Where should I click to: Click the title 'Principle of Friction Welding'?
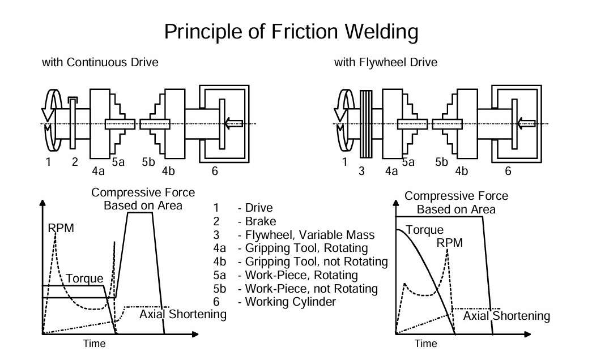click(291, 32)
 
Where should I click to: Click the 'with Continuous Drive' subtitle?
click(100, 63)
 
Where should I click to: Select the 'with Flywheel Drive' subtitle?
click(385, 63)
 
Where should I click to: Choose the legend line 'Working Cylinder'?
click(290, 302)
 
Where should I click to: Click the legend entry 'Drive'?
click(259, 208)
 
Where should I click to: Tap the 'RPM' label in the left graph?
click(61, 228)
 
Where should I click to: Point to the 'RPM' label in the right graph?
click(449, 243)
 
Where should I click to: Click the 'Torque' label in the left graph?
click(84, 279)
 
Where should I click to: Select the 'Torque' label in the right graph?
click(424, 230)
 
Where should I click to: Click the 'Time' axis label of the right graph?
click(425, 344)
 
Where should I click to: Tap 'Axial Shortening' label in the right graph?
click(506, 316)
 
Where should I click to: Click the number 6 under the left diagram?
click(215, 171)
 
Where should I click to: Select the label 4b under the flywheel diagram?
click(461, 170)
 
